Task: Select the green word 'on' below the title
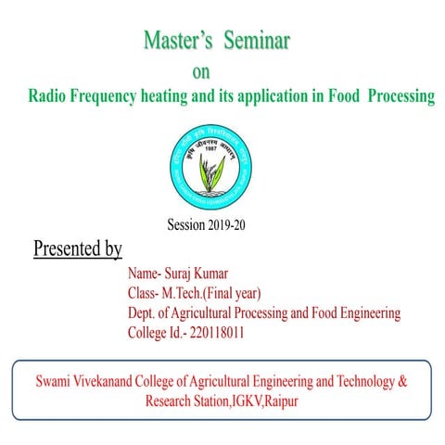pyautogui.click(x=200, y=72)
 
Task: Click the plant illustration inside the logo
pyautogui.click(x=212, y=171)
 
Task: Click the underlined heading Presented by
pyautogui.click(x=78, y=249)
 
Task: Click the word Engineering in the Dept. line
pyautogui.click(x=365, y=314)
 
